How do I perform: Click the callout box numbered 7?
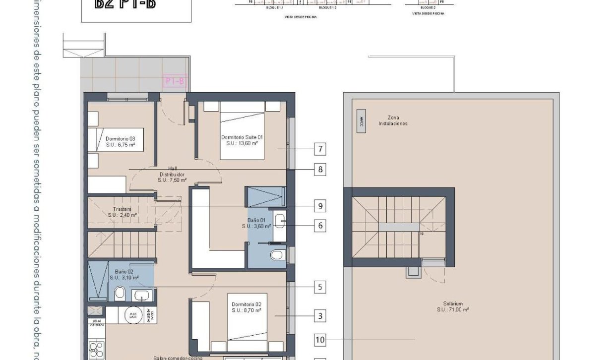pos(320,148)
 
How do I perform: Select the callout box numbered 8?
pos(320,170)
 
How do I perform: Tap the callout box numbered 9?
pos(320,205)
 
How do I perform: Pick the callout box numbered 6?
pos(320,225)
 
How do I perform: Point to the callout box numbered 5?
pos(320,287)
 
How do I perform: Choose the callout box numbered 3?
pos(320,315)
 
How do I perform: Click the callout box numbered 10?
pos(320,340)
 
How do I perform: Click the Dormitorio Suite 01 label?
pos(242,140)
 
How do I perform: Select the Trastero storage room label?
pos(122,212)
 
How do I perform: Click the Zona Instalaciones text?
pos(393,120)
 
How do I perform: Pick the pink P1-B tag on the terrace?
pos(175,81)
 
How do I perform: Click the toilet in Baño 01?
pos(277,255)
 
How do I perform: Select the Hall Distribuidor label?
pos(172,175)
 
